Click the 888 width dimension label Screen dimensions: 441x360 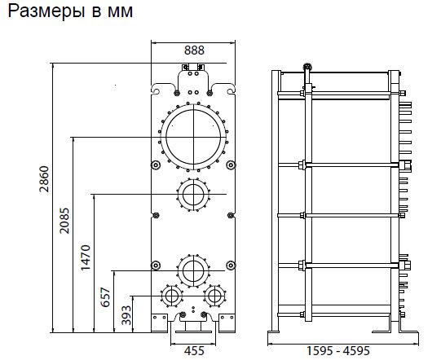tap(194, 50)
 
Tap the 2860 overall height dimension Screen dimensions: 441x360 tap(44, 179)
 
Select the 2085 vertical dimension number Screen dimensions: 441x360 tap(64, 221)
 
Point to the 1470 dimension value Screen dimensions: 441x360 tap(86, 257)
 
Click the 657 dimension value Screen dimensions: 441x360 tap(105, 297)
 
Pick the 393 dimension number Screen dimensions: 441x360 tap(126, 315)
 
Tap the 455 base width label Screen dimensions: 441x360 tap(194, 351)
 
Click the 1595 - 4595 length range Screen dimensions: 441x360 tap(337, 351)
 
